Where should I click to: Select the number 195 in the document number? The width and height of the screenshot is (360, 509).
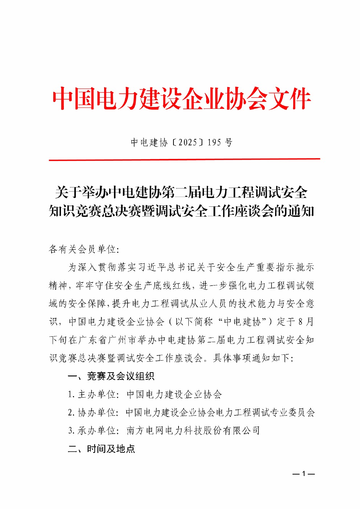(214, 142)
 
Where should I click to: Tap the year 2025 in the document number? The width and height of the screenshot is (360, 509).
(188, 142)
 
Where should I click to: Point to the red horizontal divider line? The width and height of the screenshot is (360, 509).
(184, 159)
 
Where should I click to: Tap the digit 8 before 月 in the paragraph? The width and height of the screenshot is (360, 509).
(300, 322)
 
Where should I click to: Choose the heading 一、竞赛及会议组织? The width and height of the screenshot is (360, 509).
(111, 376)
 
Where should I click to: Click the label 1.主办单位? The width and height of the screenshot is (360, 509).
(93, 394)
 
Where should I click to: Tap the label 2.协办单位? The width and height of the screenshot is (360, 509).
(93, 412)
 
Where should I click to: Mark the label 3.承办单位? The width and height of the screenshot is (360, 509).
(93, 431)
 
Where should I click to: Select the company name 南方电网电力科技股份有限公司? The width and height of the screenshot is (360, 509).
(193, 431)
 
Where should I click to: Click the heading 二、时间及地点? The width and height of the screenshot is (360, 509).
(101, 449)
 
